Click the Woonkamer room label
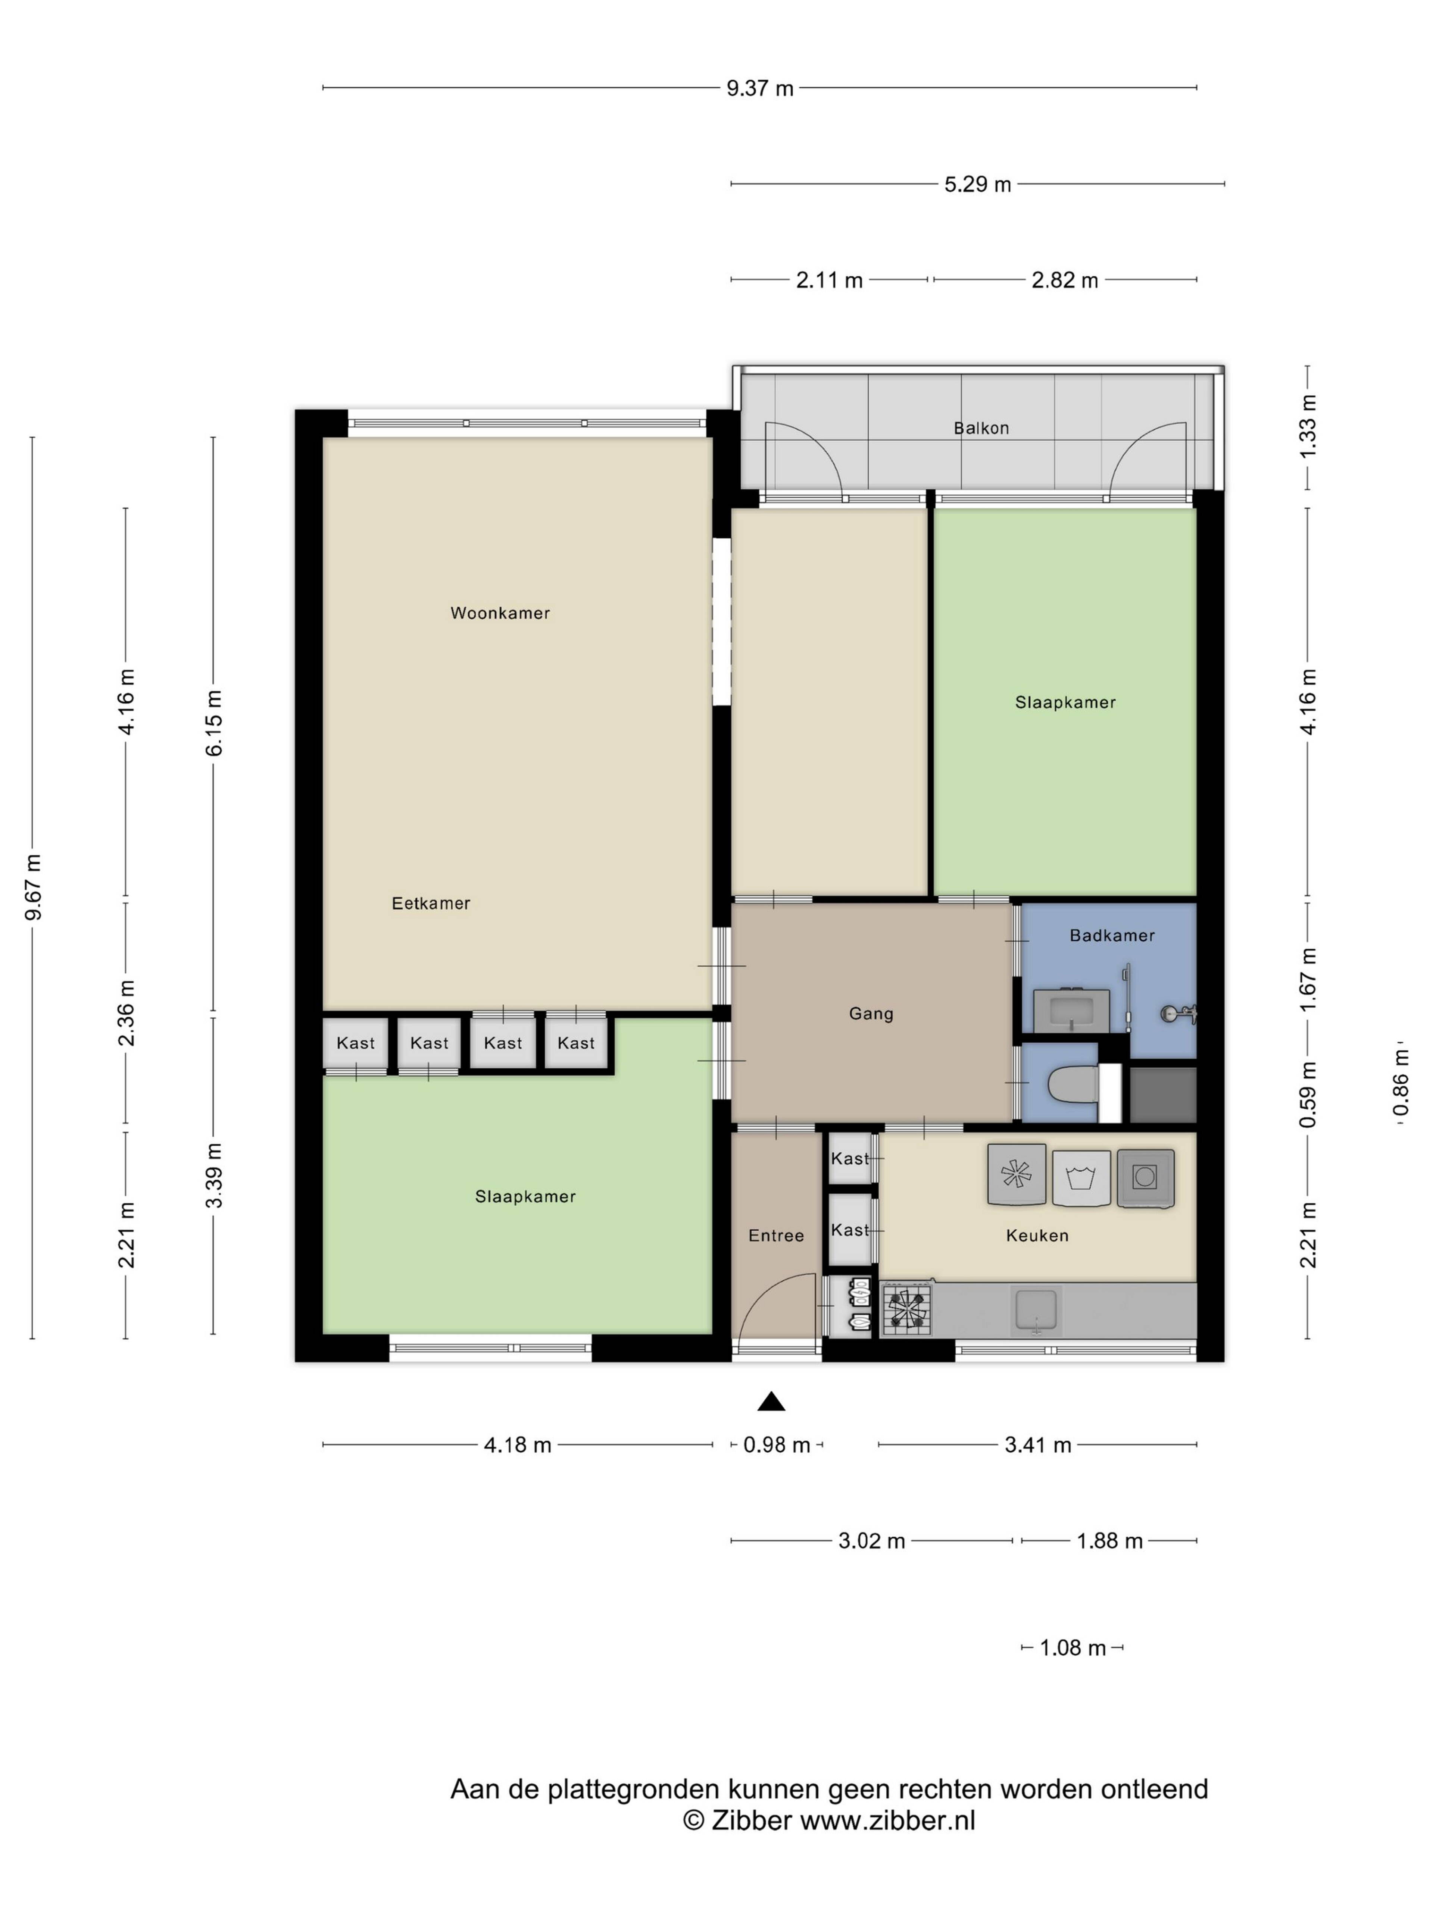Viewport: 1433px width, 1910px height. [500, 613]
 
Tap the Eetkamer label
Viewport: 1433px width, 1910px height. [431, 903]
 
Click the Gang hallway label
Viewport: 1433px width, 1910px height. [871, 1014]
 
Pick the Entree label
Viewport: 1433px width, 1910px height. [776, 1236]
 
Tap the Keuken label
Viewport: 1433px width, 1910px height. [1037, 1236]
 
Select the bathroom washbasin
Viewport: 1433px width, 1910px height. [1071, 1010]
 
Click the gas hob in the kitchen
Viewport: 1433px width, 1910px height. [906, 1308]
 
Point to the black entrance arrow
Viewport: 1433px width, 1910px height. [771, 1402]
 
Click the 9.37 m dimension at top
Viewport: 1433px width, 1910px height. [759, 88]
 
